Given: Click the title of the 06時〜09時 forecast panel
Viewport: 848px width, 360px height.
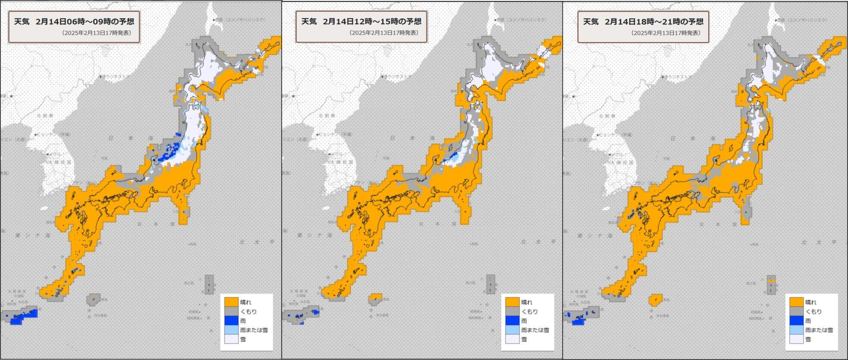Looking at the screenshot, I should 74,22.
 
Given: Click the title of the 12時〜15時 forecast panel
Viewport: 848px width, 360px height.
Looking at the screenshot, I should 361,22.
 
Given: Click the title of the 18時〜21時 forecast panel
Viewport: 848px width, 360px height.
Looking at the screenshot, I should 643,22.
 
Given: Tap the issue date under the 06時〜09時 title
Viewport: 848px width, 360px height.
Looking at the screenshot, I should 97,33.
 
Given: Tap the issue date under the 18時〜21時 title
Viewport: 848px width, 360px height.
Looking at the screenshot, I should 666,33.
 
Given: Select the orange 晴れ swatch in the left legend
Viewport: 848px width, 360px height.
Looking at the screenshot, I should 231,302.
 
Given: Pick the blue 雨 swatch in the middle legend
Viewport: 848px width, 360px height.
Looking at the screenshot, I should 512,321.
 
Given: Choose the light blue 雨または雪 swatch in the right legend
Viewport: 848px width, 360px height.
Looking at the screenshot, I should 796,330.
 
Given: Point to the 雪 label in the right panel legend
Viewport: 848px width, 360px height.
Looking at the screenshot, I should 808,339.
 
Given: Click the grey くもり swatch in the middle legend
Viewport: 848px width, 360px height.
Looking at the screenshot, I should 512,312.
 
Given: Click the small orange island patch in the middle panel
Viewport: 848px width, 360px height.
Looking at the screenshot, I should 375,297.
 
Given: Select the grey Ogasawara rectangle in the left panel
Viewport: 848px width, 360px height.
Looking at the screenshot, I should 209,285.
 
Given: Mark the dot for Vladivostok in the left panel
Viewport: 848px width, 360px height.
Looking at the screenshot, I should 100,77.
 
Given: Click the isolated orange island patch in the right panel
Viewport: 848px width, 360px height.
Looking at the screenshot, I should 656,300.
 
